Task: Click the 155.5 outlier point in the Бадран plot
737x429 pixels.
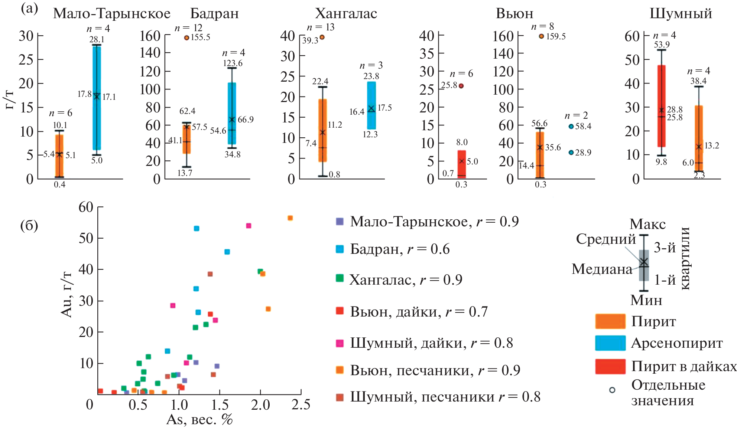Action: (186, 38)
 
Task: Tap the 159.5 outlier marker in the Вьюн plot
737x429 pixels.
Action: (541, 36)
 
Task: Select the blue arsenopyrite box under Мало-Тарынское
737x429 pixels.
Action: (97, 98)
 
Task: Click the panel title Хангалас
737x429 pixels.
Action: (346, 14)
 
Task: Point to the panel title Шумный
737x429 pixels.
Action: (681, 14)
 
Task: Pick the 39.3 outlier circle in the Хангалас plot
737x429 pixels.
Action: (322, 37)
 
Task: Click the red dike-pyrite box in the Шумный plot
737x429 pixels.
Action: (661, 106)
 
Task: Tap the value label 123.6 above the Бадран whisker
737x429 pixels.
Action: (233, 63)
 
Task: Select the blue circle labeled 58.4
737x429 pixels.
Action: (571, 127)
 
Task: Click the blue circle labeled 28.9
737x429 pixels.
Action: (571, 153)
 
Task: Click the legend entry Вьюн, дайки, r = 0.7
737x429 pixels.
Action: (412, 312)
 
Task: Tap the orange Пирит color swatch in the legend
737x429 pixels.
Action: (610, 321)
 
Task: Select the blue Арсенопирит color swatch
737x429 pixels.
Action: (610, 343)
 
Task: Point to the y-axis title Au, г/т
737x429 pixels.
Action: (66, 294)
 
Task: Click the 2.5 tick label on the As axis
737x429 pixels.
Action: (301, 405)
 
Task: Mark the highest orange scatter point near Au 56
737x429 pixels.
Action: (290, 218)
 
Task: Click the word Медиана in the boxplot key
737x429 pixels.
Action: (602, 269)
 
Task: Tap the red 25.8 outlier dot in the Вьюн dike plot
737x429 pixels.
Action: (461, 86)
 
